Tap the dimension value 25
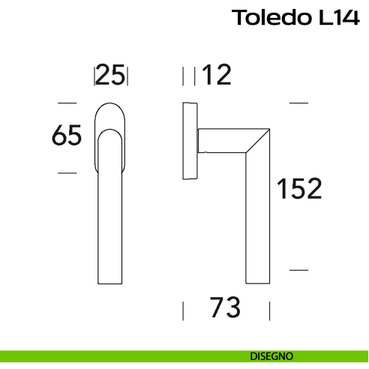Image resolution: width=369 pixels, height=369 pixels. point(111,75)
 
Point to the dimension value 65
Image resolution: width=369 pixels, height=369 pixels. point(66,136)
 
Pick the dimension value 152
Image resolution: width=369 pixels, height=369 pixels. point(298,188)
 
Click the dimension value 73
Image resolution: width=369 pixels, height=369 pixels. point(225,307)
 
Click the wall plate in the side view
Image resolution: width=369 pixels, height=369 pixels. point(190,141)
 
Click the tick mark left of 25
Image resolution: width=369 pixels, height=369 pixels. point(94,76)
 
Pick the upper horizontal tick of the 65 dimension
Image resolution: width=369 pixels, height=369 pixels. point(67,102)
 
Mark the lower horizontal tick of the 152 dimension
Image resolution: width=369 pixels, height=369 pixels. point(299,268)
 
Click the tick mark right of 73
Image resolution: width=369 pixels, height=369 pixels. point(269,310)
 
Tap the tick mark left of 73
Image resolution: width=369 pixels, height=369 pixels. point(184,310)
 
